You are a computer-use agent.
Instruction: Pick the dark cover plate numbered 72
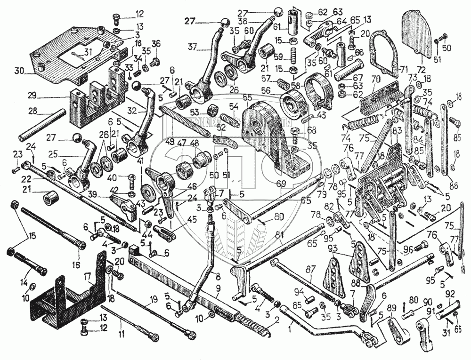tap(418, 35)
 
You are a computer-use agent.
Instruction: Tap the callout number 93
tap(333, 248)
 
